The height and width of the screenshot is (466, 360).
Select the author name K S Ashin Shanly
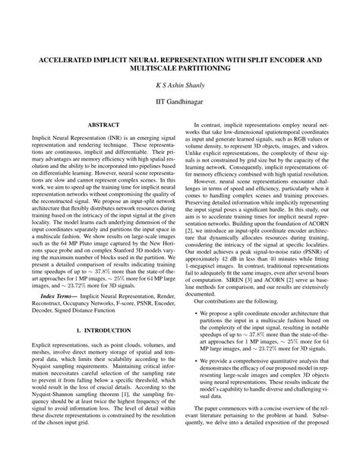pyautogui.click(x=179, y=89)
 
